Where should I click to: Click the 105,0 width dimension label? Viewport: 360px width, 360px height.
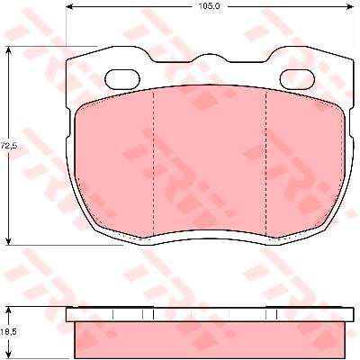[209, 6]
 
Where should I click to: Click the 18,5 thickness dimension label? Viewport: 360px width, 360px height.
[9, 332]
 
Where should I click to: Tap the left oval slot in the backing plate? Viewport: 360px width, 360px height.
[122, 79]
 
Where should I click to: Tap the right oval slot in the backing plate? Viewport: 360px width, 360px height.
[297, 79]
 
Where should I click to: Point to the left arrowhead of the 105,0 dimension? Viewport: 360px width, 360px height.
[70, 6]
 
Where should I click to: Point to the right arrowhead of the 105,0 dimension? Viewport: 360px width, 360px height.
[350, 6]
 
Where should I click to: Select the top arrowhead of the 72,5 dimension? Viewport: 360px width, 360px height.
[9, 50]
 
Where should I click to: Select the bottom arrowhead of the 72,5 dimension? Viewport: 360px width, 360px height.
[9, 240]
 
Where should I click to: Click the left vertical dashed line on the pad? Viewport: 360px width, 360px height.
[153, 164]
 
